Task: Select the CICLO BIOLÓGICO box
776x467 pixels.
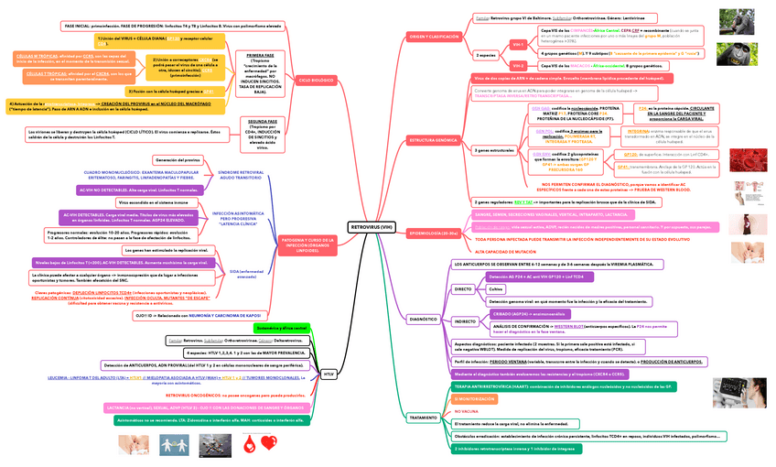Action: coord(317,81)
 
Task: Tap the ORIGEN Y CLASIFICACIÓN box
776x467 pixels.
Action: coord(433,36)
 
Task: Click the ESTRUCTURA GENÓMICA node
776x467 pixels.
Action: coord(434,140)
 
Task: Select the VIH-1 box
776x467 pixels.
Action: coord(518,43)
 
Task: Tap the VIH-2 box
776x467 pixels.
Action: coord(518,66)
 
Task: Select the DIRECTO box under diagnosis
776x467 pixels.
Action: coord(464,288)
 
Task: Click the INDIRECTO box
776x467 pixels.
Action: coord(465,321)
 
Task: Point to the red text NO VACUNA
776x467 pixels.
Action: coord(467,412)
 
